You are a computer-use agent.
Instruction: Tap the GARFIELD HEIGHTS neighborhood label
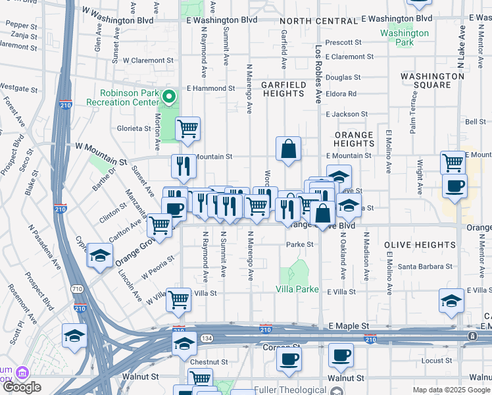coord(283,89)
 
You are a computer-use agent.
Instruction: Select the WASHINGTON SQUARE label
coord(433,80)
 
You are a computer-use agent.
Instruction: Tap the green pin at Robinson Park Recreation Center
coord(169,97)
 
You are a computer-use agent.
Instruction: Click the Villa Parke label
coord(297,290)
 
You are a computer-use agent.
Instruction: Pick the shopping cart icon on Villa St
coord(179,300)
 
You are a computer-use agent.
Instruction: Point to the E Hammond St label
coord(210,88)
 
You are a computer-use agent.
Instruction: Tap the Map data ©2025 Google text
coord(451,390)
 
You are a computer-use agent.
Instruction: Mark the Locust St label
coord(436,361)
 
